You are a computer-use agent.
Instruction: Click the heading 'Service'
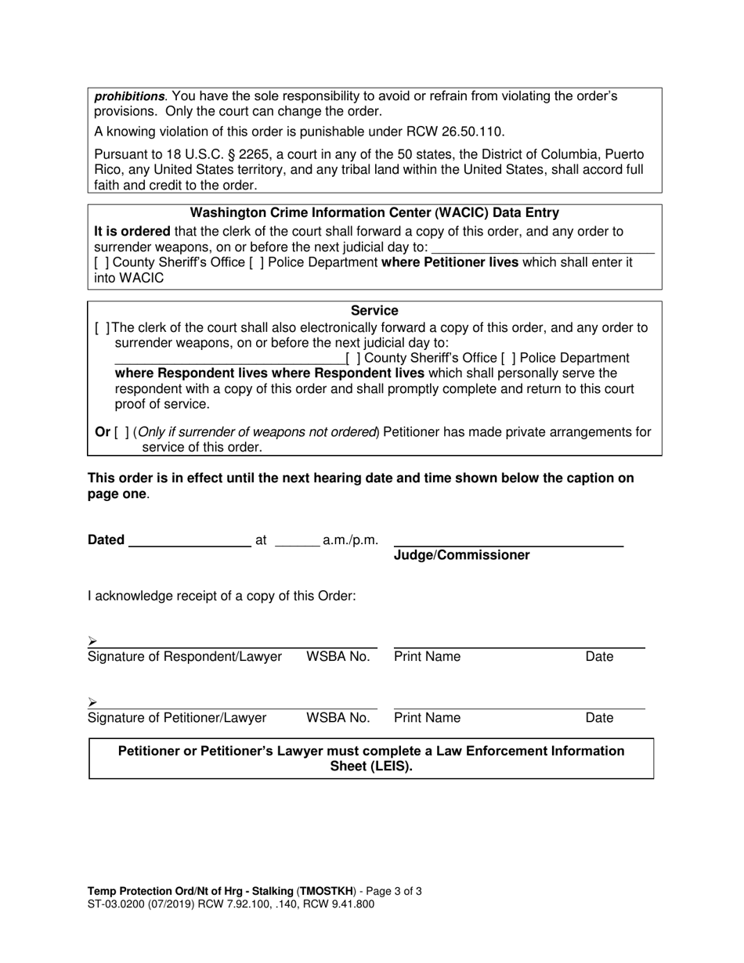pyautogui.click(x=374, y=311)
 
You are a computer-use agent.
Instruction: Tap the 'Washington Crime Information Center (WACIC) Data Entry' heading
pyautogui.click(x=374, y=213)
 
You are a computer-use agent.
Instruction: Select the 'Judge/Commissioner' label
pyautogui.click(x=461, y=555)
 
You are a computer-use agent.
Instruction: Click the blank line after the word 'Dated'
pyautogui.click(x=189, y=539)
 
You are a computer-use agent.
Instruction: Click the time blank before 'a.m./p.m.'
pyautogui.click(x=297, y=539)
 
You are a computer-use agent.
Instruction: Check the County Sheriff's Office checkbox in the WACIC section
pyautogui.click(x=102, y=263)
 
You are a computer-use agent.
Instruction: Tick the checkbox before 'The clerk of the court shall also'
pyautogui.click(x=102, y=328)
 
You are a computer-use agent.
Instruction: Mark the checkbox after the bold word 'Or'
pyautogui.click(x=121, y=432)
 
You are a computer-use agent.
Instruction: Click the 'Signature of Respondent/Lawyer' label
pyautogui.click(x=185, y=657)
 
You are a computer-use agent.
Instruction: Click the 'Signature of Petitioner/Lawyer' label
pyautogui.click(x=177, y=718)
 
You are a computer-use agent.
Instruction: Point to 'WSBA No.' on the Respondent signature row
pyautogui.click(x=338, y=657)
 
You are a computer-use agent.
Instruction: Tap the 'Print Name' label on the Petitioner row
pyautogui.click(x=427, y=718)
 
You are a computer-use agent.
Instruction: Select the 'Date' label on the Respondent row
pyautogui.click(x=599, y=657)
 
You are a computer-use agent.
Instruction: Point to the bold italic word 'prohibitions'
pyautogui.click(x=129, y=96)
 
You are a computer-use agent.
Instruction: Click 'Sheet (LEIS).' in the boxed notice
pyautogui.click(x=371, y=766)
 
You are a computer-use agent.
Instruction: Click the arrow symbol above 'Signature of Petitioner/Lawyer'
pyautogui.click(x=92, y=702)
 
